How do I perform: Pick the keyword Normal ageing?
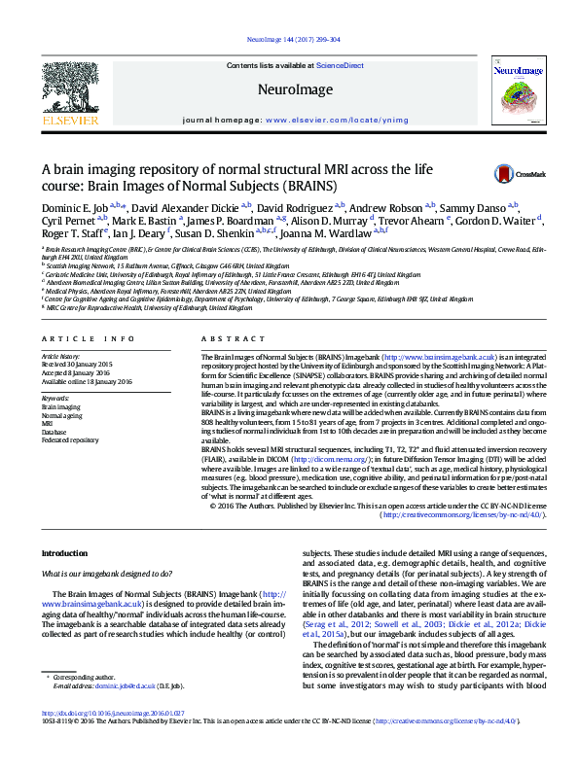pyautogui.click(x=62, y=414)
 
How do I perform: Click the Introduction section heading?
pyautogui.click(x=64, y=553)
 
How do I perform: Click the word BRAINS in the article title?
pyautogui.click(x=282, y=185)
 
